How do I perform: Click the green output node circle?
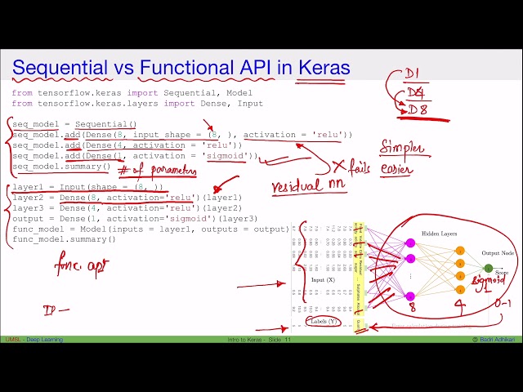(x=488, y=268)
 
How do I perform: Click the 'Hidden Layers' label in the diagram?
(x=439, y=234)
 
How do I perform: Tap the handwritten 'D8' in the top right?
(x=418, y=110)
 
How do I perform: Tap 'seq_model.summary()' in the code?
(x=61, y=167)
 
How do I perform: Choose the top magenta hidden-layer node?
(x=410, y=242)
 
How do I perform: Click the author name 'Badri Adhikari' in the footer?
(x=496, y=339)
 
